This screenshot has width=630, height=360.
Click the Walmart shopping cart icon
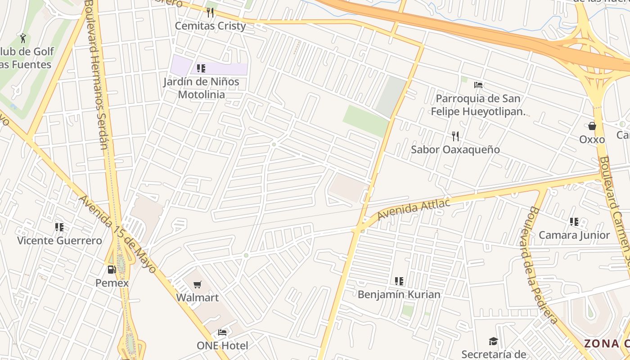click(x=197, y=284)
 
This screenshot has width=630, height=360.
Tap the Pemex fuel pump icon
click(x=111, y=270)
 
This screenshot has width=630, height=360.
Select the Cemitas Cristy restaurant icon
click(x=210, y=12)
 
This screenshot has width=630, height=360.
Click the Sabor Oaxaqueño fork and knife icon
click(x=455, y=136)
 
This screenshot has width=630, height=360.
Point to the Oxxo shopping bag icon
click(x=592, y=126)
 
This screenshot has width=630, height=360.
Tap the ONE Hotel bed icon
click(x=222, y=333)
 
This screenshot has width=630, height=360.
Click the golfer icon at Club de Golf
click(x=23, y=38)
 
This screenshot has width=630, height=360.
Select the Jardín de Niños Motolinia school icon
click(x=201, y=68)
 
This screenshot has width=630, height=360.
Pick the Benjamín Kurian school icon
click(x=399, y=281)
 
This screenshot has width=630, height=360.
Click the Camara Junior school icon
click(x=574, y=222)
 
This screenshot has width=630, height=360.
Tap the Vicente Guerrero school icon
click(x=59, y=227)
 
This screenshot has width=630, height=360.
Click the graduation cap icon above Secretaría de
click(x=494, y=342)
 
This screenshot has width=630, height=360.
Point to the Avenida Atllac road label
click(x=414, y=209)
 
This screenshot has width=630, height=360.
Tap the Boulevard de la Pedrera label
click(x=543, y=265)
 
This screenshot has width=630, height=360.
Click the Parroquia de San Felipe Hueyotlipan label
click(x=478, y=105)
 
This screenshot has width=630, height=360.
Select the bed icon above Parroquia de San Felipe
click(x=478, y=85)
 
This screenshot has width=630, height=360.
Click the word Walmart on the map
click(x=197, y=297)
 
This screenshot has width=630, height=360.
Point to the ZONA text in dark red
click(x=601, y=343)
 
